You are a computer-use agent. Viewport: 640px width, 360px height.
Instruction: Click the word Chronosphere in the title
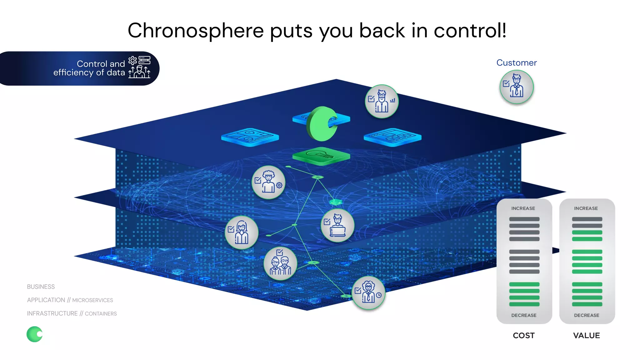click(196, 31)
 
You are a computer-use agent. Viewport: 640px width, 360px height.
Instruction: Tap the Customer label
click(516, 63)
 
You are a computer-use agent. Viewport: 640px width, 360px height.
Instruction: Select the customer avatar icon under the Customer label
click(517, 87)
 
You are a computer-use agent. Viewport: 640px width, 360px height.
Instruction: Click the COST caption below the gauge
click(523, 335)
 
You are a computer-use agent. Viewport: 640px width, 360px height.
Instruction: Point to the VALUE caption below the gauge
click(586, 335)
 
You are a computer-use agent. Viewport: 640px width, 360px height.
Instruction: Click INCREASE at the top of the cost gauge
click(523, 208)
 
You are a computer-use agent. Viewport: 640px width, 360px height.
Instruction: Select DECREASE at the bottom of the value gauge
click(586, 315)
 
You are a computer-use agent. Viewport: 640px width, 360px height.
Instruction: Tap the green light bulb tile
click(321, 156)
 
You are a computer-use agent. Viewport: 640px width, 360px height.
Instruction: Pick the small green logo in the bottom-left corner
click(34, 334)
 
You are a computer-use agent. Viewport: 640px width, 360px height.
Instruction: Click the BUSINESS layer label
click(41, 287)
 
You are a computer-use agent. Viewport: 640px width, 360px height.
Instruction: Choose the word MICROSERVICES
click(92, 300)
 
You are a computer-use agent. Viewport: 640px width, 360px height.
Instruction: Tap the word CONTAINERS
click(101, 314)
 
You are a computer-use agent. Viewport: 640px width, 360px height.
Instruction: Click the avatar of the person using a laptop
click(337, 225)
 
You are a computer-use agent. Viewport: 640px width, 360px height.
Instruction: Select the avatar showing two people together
click(280, 263)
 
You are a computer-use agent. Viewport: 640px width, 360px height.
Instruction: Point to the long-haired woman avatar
click(242, 232)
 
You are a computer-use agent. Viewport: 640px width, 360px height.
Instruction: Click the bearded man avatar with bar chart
click(382, 102)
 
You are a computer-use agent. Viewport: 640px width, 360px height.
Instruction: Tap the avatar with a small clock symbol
click(368, 293)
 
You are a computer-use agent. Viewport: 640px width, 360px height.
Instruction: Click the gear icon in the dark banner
click(132, 60)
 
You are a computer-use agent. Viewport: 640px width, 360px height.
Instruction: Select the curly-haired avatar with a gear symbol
click(268, 182)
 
